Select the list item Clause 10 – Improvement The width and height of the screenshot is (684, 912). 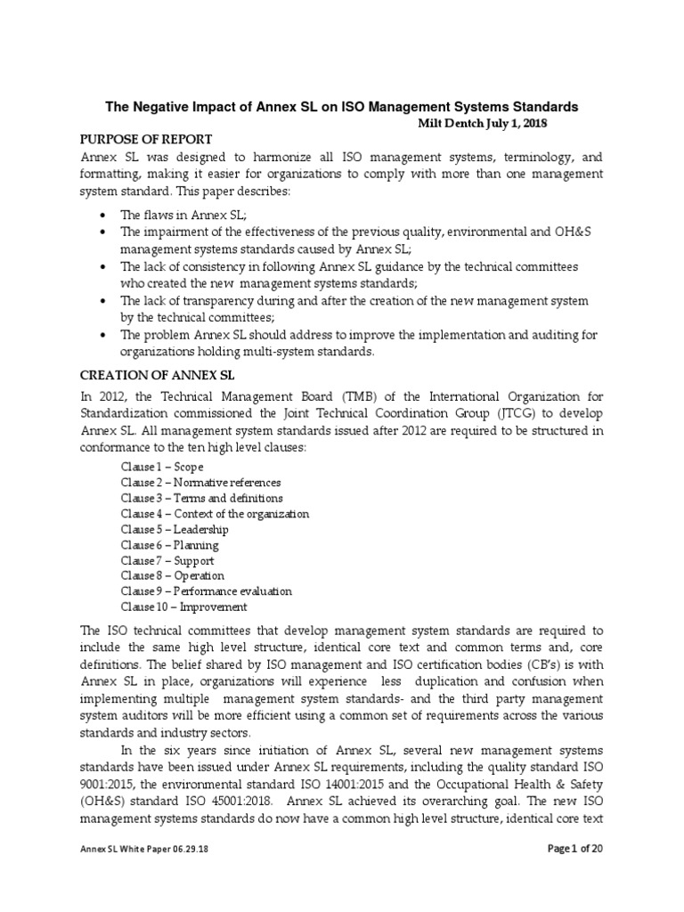tap(183, 607)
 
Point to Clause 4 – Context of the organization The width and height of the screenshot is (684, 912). tap(215, 514)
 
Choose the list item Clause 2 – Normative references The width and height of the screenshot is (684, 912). tap(200, 482)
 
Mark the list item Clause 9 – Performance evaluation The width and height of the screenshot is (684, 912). tap(206, 591)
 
